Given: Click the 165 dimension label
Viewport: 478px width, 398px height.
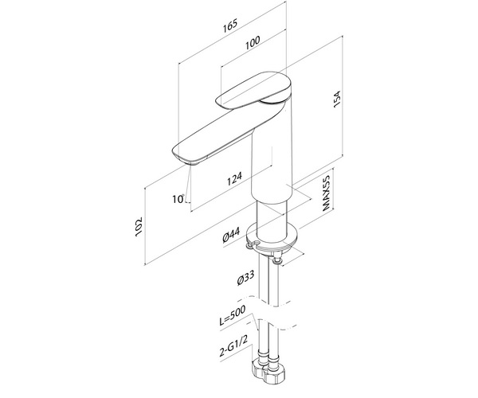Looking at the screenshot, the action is pos(229,26).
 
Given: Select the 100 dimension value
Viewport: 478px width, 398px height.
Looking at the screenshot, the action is pos(253,42).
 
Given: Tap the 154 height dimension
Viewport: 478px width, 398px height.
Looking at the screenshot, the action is pos(336,99).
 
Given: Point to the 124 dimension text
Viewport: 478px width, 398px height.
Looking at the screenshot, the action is pos(235,178).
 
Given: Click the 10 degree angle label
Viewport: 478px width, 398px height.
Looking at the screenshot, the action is pos(178,199).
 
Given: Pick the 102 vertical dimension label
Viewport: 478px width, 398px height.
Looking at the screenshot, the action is pos(139,226).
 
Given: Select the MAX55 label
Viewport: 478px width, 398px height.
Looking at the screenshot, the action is pos(326,193).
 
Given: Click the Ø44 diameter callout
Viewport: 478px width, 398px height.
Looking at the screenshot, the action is pos(231,235).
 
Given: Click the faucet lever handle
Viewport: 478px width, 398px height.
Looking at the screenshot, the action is pos(253,90).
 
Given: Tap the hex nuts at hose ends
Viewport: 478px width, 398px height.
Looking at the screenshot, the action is pos(268,371).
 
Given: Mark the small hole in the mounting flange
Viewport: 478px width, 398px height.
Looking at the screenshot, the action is pos(256,243).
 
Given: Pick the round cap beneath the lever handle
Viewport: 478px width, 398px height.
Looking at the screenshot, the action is pos(274,99).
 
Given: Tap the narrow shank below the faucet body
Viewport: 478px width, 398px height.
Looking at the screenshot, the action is pos(272,219).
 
